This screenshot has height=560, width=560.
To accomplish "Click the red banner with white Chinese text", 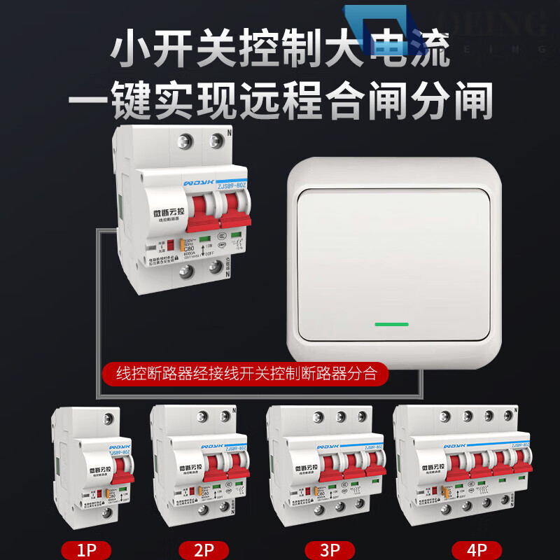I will tap(246, 373).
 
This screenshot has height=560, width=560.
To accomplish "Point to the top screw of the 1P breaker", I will tap(107, 419).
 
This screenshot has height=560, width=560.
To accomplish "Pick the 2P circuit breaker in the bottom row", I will tap(201, 469).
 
